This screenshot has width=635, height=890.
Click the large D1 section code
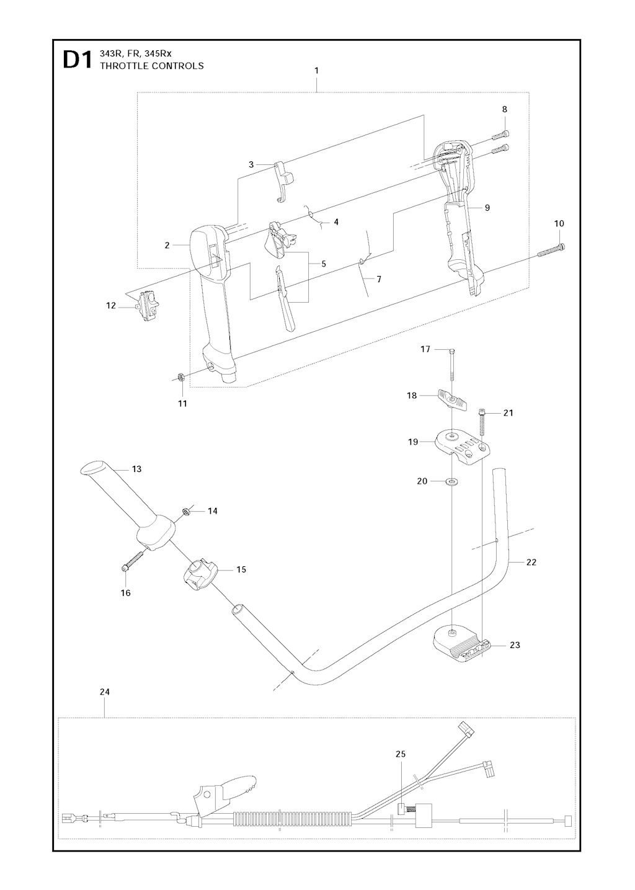pyautogui.click(x=76, y=61)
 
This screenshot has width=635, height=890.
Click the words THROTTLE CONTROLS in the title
pyautogui.click(x=151, y=66)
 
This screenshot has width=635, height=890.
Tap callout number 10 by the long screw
pyautogui.click(x=559, y=223)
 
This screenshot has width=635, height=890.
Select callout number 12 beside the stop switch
pyautogui.click(x=111, y=305)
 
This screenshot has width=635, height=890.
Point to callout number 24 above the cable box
pyautogui.click(x=104, y=691)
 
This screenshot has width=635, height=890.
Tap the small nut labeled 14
pyautogui.click(x=186, y=511)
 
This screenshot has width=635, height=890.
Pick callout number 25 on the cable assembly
pyautogui.click(x=400, y=754)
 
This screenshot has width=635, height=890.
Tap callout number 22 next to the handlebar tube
pyautogui.click(x=531, y=562)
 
